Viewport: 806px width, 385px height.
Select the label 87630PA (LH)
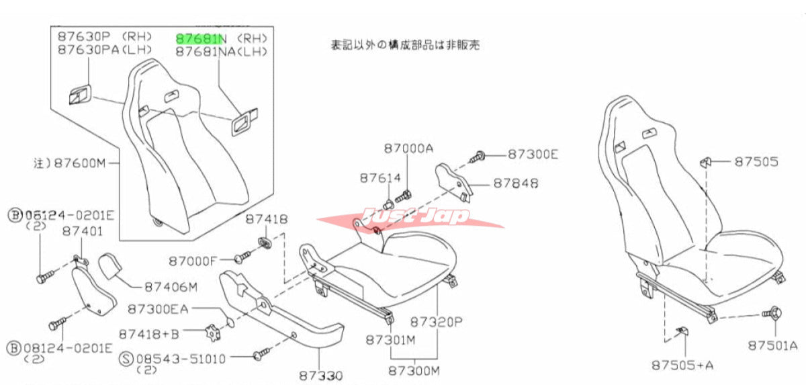[x=105, y=50]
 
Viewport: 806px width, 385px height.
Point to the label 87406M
[x=171, y=288]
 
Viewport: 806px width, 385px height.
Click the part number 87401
[x=82, y=230]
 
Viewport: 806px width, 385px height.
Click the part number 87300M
[x=414, y=370]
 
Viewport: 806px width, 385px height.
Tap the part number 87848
[x=515, y=182]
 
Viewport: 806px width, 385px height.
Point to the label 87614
[x=379, y=178]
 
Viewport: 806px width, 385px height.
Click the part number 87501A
[x=772, y=345]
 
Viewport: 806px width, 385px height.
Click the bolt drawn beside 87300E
[x=480, y=157]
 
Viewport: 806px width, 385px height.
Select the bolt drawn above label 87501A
[x=772, y=314]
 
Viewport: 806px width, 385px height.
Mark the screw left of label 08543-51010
[x=261, y=352]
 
